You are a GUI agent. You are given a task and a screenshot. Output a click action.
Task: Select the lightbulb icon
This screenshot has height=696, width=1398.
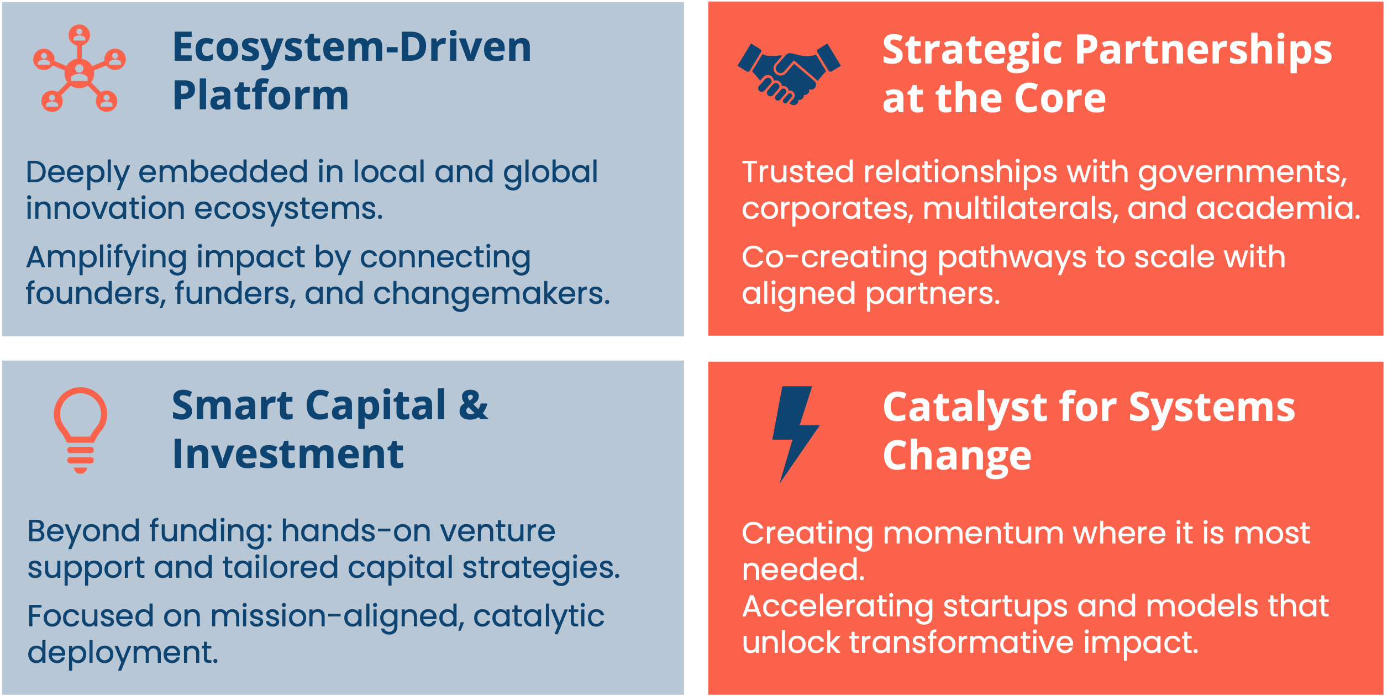[81, 430]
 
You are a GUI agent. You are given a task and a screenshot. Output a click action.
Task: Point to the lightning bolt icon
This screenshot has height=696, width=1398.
[796, 434]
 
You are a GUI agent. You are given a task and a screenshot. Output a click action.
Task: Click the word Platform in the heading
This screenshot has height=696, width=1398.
[261, 96]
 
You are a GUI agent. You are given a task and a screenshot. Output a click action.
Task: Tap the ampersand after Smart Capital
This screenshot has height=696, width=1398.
[474, 405]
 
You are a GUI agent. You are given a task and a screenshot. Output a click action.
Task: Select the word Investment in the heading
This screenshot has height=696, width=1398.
[288, 454]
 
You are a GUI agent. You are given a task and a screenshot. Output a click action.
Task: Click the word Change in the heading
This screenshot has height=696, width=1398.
[957, 457]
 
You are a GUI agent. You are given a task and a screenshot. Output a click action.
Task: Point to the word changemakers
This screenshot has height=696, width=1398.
[491, 293]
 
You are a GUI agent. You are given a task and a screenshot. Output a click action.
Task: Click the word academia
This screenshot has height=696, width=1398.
[1278, 208]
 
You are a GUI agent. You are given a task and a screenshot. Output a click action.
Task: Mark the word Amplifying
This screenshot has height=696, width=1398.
[107, 258]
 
